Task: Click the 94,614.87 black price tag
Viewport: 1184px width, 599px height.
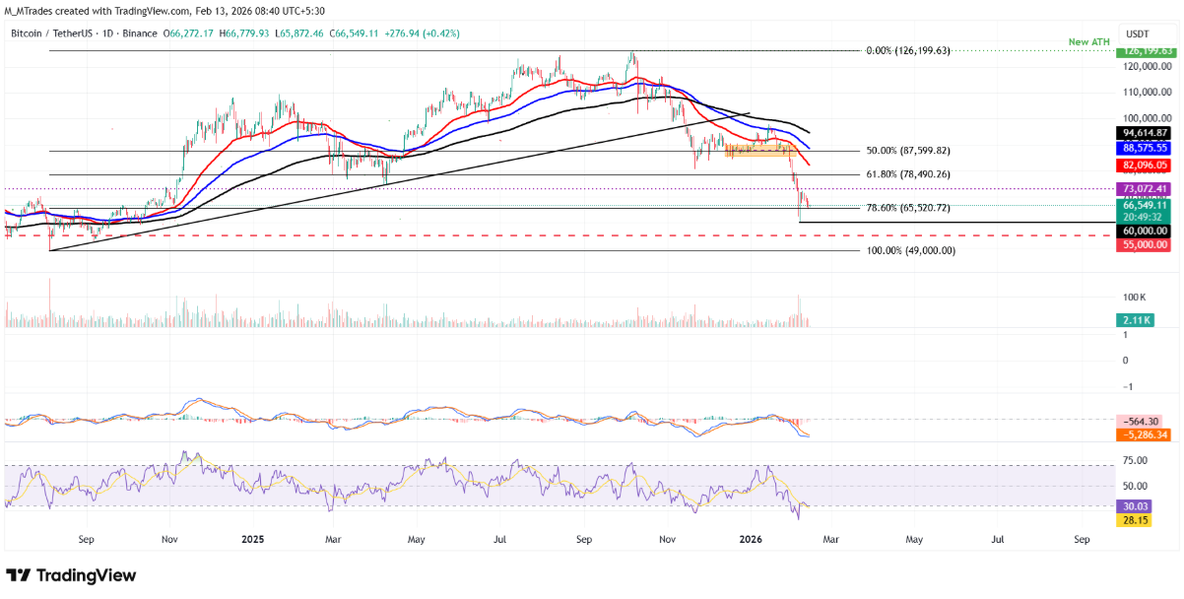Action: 1142,133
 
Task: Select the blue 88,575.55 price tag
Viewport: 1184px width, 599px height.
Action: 1142,147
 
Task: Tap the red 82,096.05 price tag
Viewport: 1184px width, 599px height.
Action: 1142,166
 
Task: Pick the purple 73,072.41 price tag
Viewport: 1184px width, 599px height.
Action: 1142,188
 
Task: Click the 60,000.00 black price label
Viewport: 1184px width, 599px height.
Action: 1142,230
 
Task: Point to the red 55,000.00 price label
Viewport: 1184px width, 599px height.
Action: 1142,243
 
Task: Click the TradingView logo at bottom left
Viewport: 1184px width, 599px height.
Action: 71,575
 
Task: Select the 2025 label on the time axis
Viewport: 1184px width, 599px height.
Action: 253,540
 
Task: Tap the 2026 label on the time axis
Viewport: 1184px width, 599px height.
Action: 751,540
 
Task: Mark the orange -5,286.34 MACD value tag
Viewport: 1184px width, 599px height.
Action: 1142,434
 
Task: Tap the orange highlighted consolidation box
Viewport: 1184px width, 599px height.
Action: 760,151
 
